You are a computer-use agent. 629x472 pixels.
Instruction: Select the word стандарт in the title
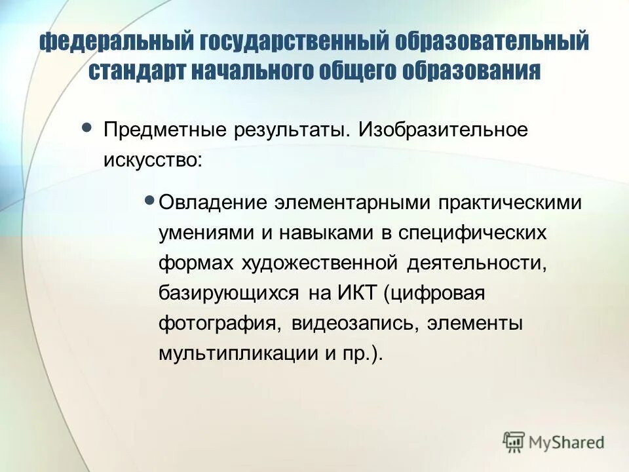click(x=138, y=70)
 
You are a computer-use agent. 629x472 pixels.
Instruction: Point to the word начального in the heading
click(x=253, y=70)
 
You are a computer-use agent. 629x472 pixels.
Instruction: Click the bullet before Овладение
click(x=149, y=199)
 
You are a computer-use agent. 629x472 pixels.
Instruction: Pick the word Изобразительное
click(x=442, y=130)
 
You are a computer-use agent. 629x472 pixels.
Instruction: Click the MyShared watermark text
click(x=566, y=442)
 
